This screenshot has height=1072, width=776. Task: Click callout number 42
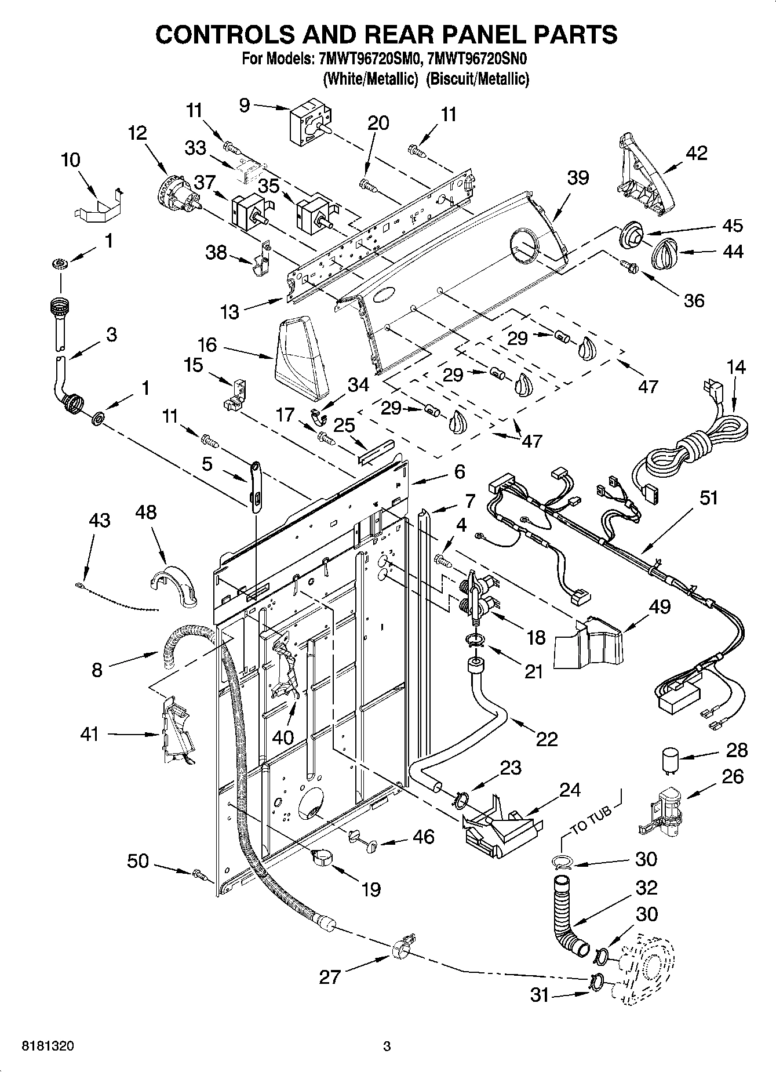(x=696, y=153)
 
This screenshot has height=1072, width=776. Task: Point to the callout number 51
(x=709, y=497)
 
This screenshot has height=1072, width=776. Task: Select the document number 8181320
(x=48, y=1046)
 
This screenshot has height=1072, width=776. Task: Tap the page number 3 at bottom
(x=387, y=1046)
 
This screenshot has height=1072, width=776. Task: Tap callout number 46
(x=424, y=837)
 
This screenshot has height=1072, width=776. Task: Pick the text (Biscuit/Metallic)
(x=478, y=79)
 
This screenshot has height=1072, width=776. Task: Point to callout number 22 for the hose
(x=547, y=739)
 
